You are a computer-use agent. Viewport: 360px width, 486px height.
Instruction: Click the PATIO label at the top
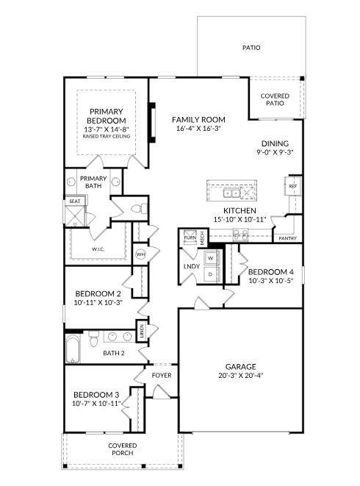coord(251,48)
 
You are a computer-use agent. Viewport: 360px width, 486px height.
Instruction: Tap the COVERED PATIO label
coord(275,99)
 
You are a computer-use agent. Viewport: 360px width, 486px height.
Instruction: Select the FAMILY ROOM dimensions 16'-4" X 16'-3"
coord(198,129)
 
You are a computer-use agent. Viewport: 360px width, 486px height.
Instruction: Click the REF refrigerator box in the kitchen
coord(292,186)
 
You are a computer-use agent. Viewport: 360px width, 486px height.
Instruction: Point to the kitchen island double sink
coord(231,193)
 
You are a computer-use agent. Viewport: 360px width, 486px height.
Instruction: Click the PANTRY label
coord(287,238)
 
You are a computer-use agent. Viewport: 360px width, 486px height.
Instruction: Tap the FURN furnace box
coord(190,237)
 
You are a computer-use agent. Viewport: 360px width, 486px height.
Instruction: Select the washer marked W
coord(211,258)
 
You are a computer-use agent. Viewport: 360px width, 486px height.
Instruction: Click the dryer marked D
coord(211,274)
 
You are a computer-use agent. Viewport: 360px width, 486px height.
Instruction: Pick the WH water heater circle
coord(140,254)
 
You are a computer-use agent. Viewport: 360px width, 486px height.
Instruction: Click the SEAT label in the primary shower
coord(75,201)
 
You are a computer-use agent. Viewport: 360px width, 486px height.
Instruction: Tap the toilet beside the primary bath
coord(139,208)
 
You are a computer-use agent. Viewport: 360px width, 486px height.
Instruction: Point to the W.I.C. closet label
coord(98,249)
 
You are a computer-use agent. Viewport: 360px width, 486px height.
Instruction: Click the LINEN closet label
coord(142,331)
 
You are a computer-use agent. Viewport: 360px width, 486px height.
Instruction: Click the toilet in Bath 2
coord(93,339)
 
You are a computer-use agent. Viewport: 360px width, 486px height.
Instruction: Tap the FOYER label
coord(162,376)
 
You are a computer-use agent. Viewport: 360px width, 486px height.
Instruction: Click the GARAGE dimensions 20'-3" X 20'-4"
coord(241,376)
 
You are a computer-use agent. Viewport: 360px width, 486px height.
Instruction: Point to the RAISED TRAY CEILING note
coord(107,136)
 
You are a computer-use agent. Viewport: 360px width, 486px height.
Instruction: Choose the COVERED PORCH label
coord(123,449)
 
